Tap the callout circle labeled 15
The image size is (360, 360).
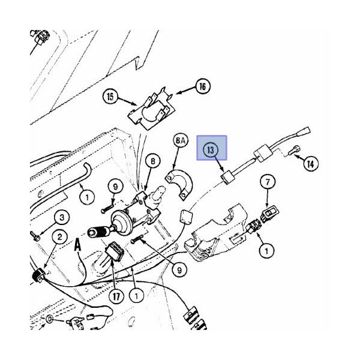110,96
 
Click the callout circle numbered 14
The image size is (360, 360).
310,162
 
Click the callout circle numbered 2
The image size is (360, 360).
59,238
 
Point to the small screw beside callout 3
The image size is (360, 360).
37,235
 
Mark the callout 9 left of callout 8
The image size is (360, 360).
116,187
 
